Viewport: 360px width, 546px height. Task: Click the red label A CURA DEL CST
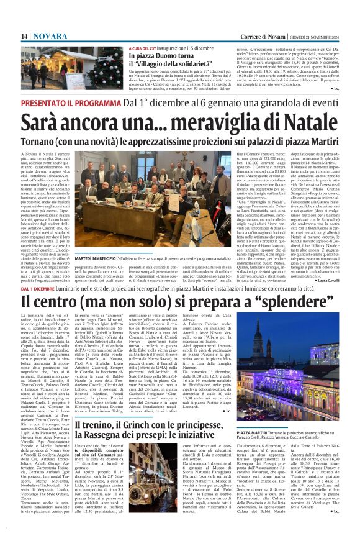(x=142, y=48)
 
